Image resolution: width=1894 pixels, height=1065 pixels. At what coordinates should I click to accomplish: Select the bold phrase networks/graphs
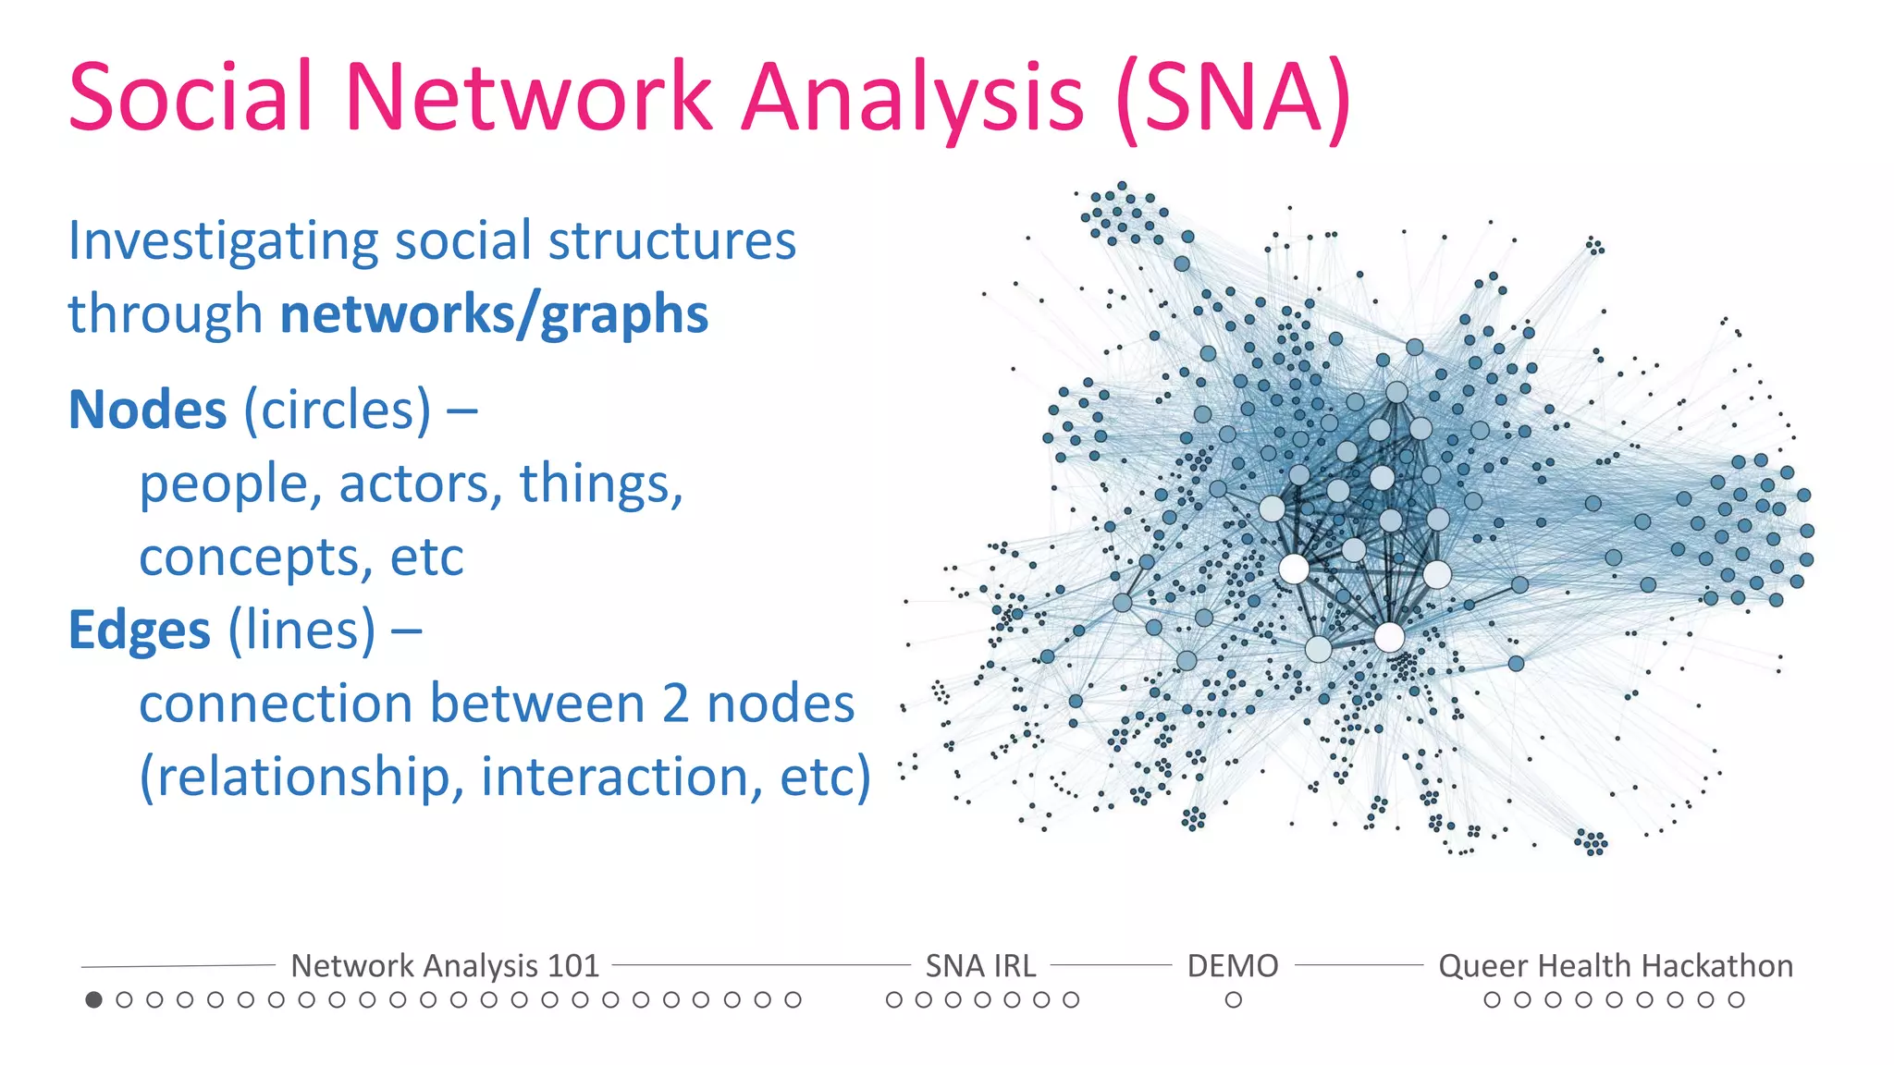[494, 314]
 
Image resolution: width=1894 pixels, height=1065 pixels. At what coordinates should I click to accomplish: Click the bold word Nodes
[148, 410]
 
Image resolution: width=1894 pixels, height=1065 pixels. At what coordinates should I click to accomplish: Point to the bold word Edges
[140, 630]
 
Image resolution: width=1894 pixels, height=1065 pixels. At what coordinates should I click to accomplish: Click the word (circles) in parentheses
[338, 410]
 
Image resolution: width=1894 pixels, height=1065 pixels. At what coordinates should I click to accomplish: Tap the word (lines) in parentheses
[302, 630]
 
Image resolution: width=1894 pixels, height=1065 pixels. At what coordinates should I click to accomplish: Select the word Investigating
[222, 242]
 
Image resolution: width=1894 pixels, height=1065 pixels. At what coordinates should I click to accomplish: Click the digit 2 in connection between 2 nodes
[676, 704]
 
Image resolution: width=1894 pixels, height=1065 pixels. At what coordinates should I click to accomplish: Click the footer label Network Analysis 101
[445, 966]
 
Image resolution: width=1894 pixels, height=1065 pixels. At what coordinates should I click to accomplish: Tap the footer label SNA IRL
[980, 966]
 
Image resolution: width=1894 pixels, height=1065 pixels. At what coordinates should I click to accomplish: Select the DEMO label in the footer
[1233, 966]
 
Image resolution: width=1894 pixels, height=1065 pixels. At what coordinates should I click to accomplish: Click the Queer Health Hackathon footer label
[1615, 966]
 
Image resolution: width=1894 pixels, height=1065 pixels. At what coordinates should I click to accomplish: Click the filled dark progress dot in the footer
[93, 999]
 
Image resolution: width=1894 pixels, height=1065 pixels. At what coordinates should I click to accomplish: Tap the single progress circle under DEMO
[1233, 999]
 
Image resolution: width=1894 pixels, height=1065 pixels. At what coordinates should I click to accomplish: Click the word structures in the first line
[672, 242]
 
